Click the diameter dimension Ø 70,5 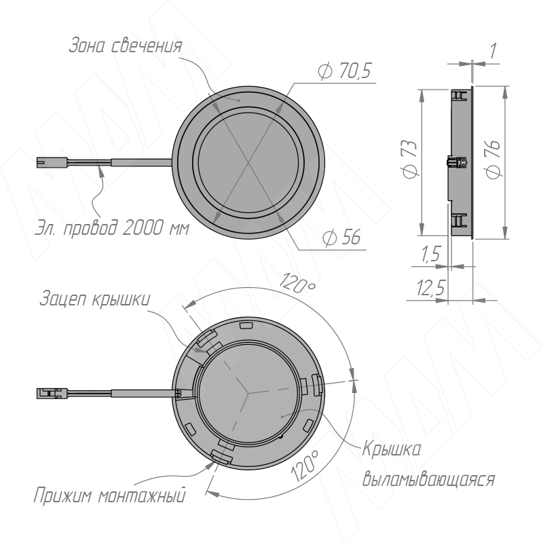344,71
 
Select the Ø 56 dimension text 341,237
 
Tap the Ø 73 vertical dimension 410,160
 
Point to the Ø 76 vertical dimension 493,160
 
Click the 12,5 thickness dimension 430,288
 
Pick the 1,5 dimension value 430,254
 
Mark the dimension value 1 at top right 493,50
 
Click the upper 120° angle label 297,283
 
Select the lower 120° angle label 304,465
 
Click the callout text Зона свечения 126,45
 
